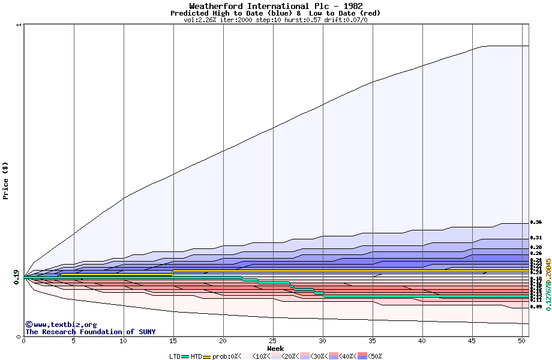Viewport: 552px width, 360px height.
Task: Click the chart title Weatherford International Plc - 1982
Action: (275, 6)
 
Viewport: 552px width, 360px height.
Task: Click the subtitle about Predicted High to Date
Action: (275, 13)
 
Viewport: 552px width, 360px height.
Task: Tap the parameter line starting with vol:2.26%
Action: (275, 20)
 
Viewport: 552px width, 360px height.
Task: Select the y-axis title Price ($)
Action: (6, 180)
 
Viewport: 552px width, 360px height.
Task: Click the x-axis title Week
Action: (275, 348)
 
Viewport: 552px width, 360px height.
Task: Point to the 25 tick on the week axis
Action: (273, 341)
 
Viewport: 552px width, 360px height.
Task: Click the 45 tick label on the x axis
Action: (472, 341)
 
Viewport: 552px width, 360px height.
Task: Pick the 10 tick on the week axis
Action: (124, 341)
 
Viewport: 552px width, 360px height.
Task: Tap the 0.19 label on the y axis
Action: (16, 277)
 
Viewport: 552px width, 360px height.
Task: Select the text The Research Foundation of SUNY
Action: (90, 332)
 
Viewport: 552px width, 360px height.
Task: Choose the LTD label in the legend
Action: (175, 356)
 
